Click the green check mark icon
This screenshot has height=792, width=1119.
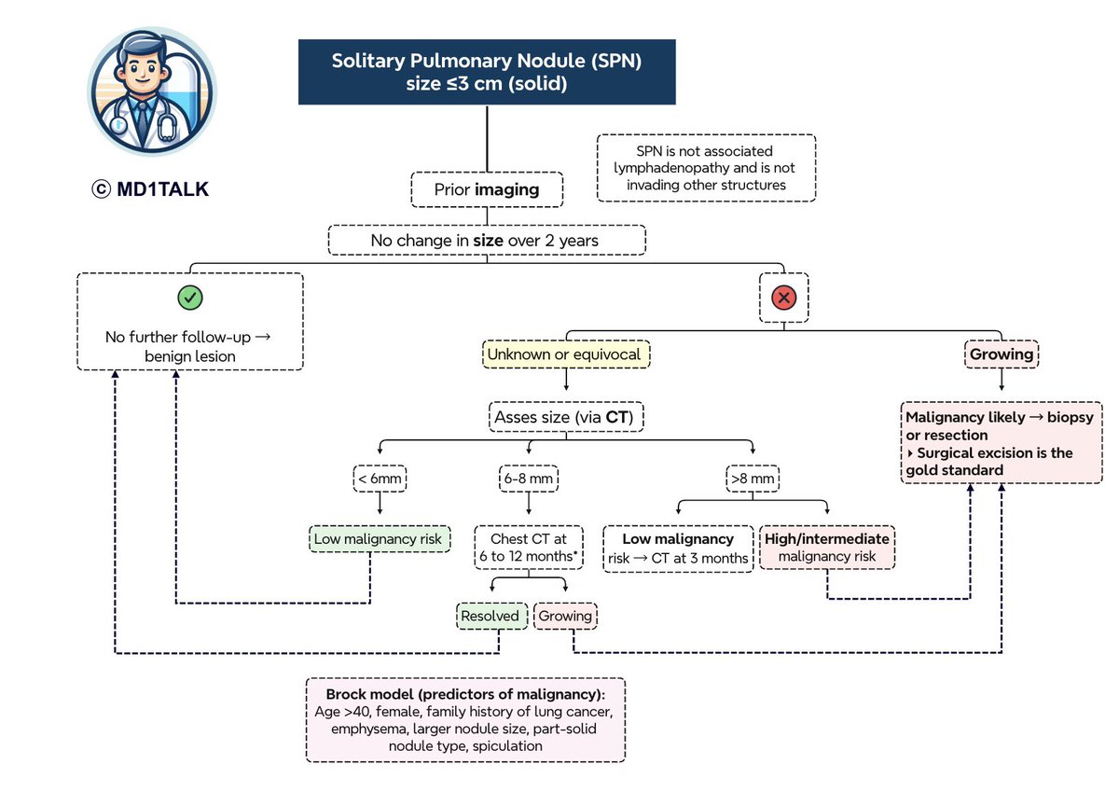point(190,298)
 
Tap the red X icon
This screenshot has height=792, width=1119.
point(784,298)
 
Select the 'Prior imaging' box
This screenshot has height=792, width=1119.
point(487,189)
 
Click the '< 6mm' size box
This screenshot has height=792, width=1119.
point(380,479)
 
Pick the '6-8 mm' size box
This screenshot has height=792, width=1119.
point(529,479)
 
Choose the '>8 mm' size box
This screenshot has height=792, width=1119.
point(753,479)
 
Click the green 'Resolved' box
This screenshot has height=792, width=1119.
point(492,616)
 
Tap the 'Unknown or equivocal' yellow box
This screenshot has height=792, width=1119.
point(566,354)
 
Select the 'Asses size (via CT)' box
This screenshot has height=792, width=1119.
point(566,417)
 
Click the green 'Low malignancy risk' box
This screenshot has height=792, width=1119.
point(380,538)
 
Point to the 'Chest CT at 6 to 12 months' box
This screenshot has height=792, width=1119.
point(529,548)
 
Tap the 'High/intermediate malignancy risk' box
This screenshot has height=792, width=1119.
point(827,548)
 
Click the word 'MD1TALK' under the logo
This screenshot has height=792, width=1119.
point(163,189)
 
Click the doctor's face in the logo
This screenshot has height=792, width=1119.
point(143,70)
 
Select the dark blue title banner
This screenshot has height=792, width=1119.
point(487,72)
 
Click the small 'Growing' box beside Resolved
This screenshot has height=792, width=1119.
point(565,616)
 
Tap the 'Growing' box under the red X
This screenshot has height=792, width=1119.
point(1002,354)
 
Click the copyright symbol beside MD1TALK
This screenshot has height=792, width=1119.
point(101,189)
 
